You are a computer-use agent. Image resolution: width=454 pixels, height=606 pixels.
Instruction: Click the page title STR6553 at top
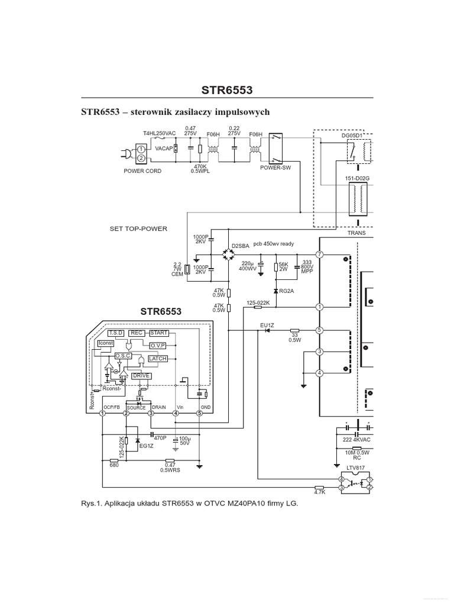(x=226, y=90)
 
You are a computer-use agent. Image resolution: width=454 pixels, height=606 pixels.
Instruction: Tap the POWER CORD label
(x=142, y=171)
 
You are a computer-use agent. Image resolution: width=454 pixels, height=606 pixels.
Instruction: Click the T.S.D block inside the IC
(x=115, y=333)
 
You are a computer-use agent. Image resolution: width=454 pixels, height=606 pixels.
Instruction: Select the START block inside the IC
(x=159, y=333)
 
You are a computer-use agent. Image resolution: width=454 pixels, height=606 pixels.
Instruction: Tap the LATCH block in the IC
(x=157, y=359)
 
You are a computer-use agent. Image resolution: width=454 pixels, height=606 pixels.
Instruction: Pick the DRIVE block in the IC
(x=141, y=375)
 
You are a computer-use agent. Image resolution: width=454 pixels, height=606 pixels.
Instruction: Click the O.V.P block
(x=157, y=346)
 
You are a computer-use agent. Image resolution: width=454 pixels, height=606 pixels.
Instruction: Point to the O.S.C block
(x=124, y=356)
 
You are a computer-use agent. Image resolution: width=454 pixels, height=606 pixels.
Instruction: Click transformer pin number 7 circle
(x=319, y=254)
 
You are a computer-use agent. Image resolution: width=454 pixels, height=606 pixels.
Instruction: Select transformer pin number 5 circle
(x=319, y=330)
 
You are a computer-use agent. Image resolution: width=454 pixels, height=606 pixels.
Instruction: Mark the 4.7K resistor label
(x=319, y=492)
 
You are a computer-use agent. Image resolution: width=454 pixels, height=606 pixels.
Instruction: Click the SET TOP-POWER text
(x=138, y=228)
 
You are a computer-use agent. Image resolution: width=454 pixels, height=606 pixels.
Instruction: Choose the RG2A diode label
(x=287, y=292)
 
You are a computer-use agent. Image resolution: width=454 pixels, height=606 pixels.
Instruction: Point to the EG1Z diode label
(x=146, y=446)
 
